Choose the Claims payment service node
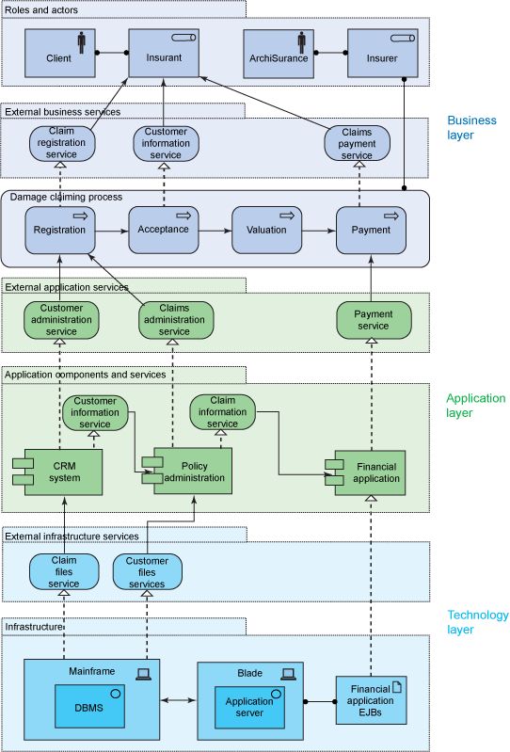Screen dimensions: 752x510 (x=357, y=142)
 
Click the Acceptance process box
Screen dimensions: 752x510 (x=164, y=230)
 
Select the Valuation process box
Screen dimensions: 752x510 (x=266, y=230)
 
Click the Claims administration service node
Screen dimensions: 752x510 (x=174, y=319)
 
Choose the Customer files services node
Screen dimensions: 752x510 (x=147, y=571)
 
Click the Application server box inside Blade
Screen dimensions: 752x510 (x=249, y=706)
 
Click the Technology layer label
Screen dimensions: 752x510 (x=477, y=622)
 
